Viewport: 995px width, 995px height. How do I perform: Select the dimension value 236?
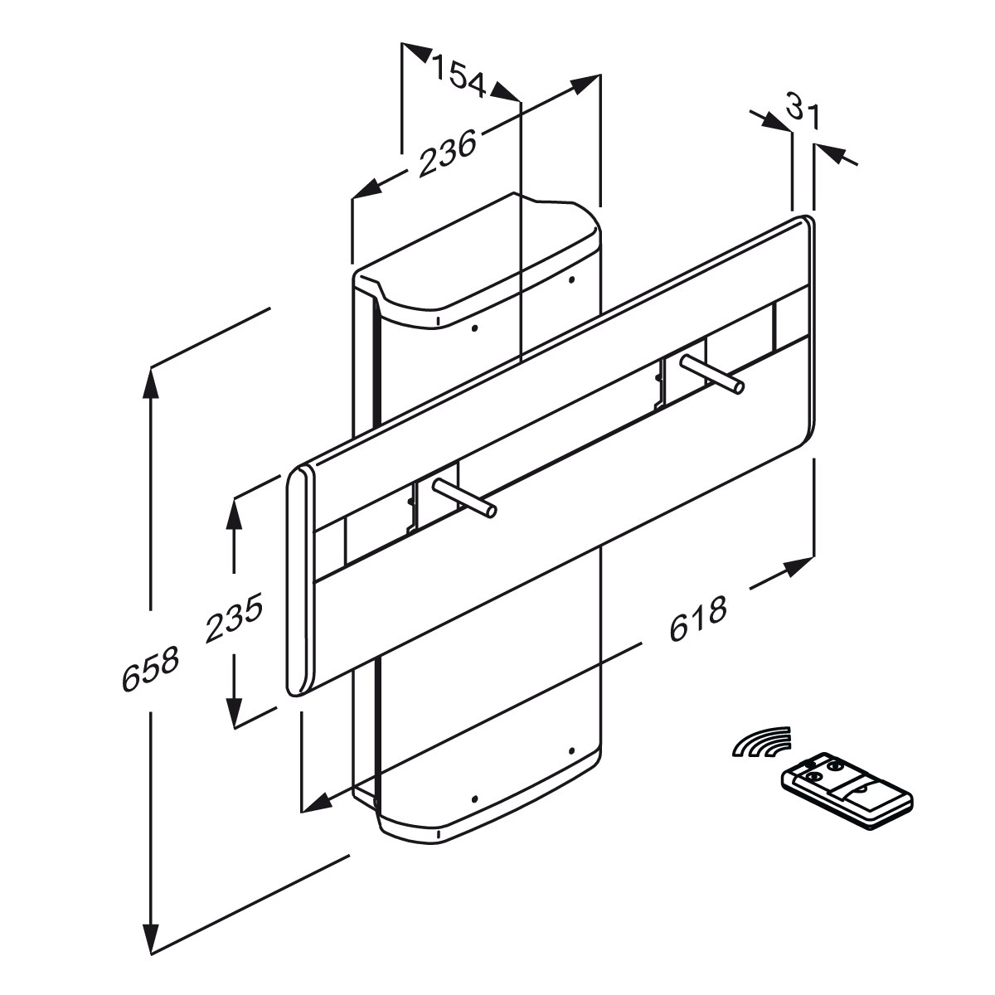(x=448, y=153)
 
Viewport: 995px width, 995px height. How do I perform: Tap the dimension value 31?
(x=802, y=110)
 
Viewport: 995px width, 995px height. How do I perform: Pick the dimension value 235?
(x=235, y=618)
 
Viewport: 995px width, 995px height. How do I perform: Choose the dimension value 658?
(x=150, y=669)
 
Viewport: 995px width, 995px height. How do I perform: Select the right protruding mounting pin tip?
(x=737, y=386)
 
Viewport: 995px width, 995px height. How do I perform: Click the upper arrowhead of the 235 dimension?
(x=235, y=514)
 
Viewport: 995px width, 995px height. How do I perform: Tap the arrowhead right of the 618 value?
(x=798, y=567)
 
